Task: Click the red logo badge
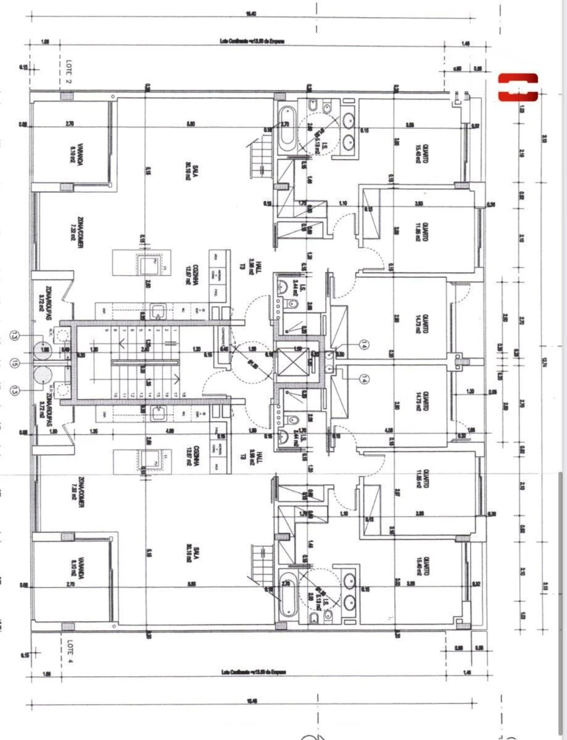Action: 518,87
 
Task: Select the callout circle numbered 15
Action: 16,364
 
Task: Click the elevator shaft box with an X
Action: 293,362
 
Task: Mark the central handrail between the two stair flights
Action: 146,362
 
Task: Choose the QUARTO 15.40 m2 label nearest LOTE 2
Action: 421,154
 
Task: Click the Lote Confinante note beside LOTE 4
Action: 253,672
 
